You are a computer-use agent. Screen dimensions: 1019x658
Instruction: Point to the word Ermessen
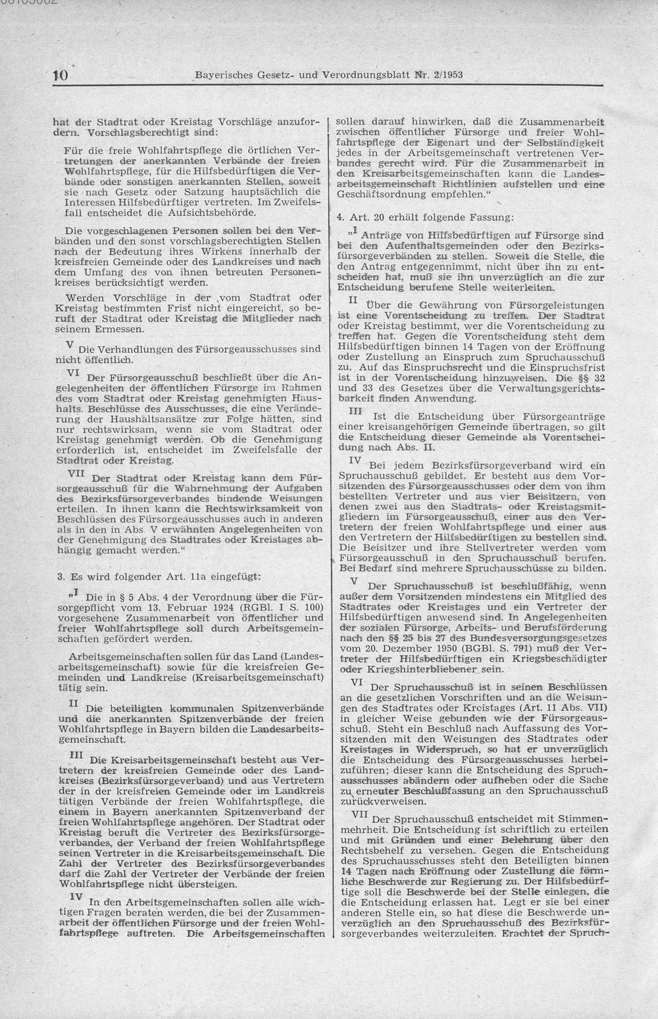123,328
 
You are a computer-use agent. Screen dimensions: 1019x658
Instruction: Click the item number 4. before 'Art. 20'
340,217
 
